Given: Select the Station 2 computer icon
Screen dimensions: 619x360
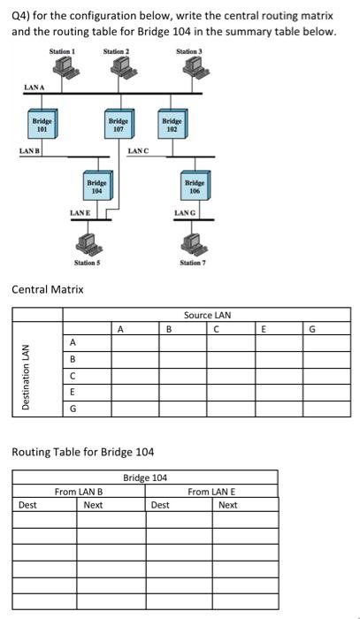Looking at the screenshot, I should coord(118,73).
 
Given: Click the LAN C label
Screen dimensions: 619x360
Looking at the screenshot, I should coord(137,151).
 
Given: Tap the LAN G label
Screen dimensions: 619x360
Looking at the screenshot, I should coord(186,214).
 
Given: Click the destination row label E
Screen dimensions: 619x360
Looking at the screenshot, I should coord(73,393).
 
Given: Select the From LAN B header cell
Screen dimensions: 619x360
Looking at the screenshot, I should coord(79,492).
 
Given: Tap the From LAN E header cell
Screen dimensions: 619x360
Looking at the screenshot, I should coord(211,492).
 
